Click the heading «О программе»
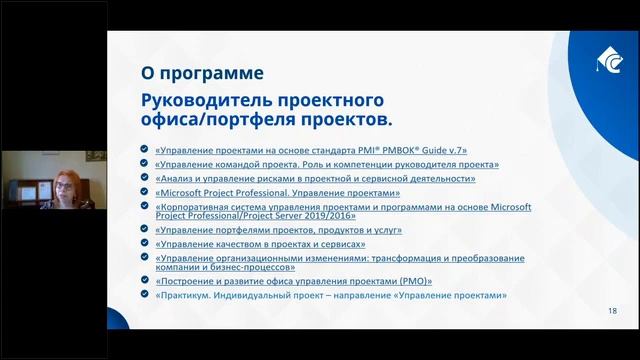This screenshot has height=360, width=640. click(x=202, y=74)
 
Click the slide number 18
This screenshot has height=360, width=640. click(x=612, y=312)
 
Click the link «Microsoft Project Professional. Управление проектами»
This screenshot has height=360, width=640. click(x=278, y=193)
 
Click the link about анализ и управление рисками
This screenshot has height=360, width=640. click(x=315, y=179)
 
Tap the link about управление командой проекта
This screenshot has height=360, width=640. click(x=327, y=164)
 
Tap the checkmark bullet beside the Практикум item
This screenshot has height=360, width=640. click(x=147, y=295)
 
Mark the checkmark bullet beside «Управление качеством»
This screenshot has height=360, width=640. click(x=147, y=243)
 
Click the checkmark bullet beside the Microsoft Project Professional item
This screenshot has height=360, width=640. click(x=147, y=193)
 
